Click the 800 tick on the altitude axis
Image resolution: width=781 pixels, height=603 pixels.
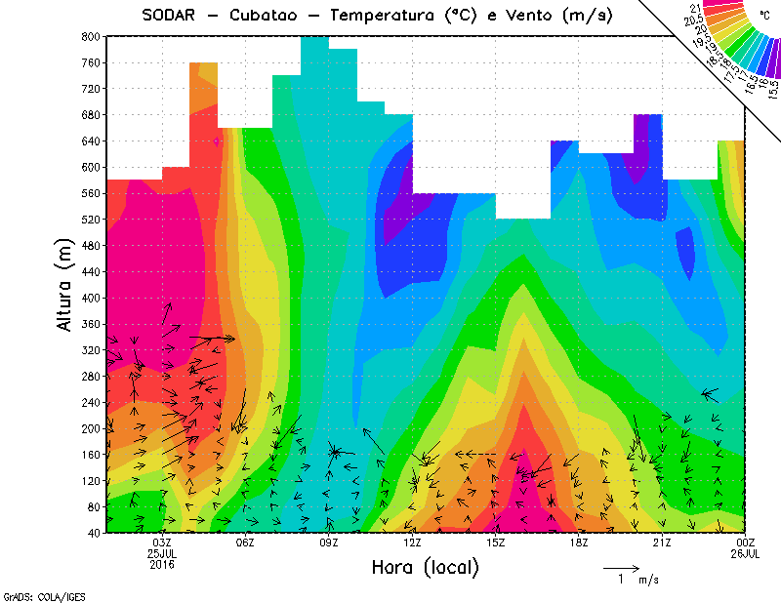(90, 36)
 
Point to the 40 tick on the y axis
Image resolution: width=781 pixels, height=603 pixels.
(93, 533)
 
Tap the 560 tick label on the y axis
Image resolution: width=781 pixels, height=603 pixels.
(90, 192)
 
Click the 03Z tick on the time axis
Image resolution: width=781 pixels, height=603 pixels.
(162, 542)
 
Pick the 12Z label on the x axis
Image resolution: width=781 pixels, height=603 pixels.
(412, 542)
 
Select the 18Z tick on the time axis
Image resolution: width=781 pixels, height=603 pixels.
(579, 542)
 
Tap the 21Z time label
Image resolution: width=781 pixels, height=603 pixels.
(662, 542)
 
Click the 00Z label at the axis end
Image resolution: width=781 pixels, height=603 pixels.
(746, 542)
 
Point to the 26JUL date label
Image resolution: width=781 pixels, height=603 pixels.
(746, 553)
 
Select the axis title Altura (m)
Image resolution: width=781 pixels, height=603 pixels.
(64, 284)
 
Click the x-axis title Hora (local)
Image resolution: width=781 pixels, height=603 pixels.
(425, 567)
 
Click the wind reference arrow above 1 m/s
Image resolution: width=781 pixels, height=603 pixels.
(620, 567)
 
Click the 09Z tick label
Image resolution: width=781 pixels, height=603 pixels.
(329, 542)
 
